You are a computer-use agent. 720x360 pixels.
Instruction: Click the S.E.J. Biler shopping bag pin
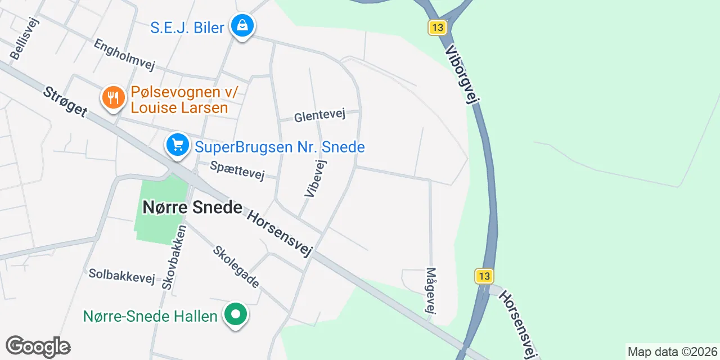click(x=242, y=26)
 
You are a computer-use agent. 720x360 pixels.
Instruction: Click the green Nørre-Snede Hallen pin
click(x=236, y=314)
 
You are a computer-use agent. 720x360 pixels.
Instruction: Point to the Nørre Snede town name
click(x=192, y=208)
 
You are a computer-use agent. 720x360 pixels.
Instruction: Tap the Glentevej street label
click(x=319, y=116)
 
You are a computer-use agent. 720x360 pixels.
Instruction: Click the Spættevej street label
click(x=237, y=170)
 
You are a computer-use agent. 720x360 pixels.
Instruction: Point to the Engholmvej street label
click(x=124, y=55)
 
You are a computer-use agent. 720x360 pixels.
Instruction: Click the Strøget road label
click(x=65, y=101)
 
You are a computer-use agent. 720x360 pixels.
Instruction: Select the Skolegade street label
click(x=236, y=266)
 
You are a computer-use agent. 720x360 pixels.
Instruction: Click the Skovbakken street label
click(x=174, y=258)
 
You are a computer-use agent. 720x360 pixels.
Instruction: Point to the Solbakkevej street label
click(x=121, y=276)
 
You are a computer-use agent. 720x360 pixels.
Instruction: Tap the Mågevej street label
click(x=431, y=291)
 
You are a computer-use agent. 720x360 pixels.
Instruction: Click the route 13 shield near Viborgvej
click(x=436, y=27)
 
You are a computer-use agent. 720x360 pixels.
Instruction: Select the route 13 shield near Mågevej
click(x=484, y=276)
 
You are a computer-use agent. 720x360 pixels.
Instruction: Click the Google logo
click(x=38, y=347)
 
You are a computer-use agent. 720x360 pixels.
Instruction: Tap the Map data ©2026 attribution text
click(x=672, y=352)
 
